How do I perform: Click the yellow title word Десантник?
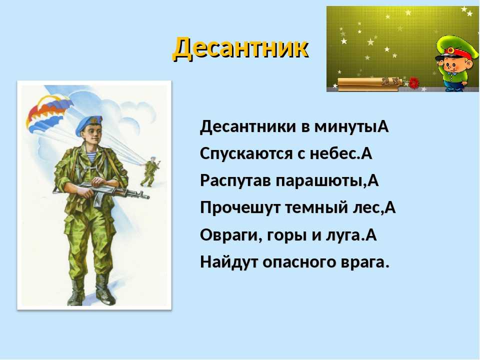(241, 48)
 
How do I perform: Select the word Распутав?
(235, 181)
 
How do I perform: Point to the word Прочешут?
(240, 208)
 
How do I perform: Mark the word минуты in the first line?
(346, 126)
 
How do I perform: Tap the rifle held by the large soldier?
(101, 191)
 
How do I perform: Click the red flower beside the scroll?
(413, 82)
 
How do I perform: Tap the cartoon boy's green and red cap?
(455, 49)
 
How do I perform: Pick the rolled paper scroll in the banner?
(369, 84)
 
